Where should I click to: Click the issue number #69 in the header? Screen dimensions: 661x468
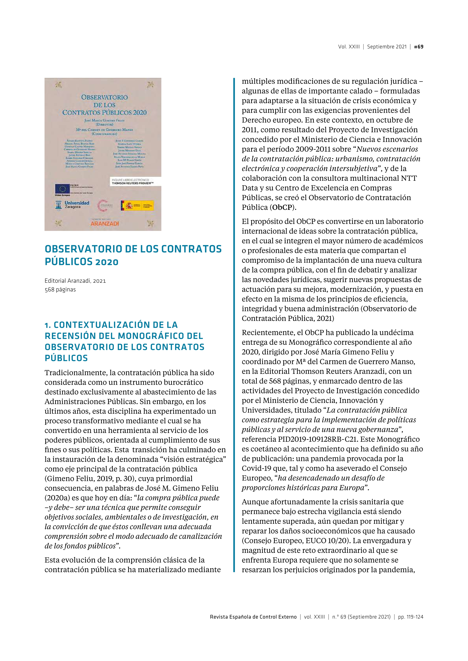[x=418, y=47]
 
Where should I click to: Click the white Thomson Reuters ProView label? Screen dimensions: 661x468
[x=135, y=182]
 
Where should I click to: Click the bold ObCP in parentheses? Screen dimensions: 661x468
[x=282, y=207]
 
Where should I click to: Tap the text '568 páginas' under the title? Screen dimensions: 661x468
[x=60, y=290]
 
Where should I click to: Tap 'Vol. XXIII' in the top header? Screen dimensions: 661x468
[x=349, y=47]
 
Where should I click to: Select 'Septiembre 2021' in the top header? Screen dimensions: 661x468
[x=387, y=47]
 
